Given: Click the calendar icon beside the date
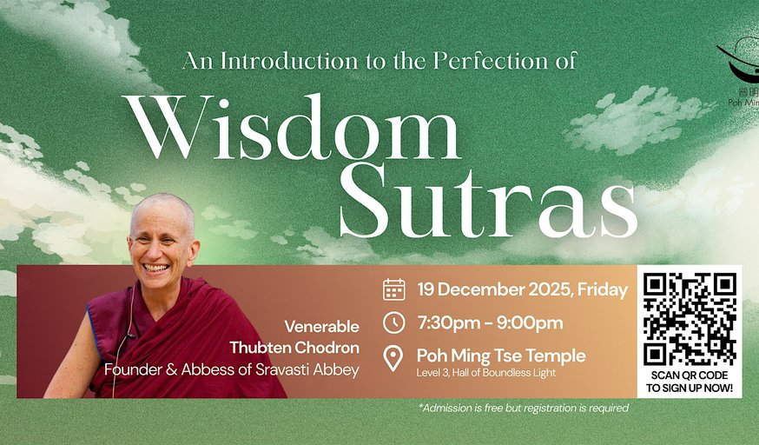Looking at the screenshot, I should [x=394, y=289].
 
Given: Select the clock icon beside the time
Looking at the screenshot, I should [x=394, y=322].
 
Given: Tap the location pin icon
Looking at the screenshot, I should [x=394, y=358].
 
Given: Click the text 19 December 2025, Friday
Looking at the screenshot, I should [x=522, y=289].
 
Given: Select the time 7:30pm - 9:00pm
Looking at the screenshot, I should [x=490, y=322].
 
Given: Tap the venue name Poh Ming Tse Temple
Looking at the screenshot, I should [x=501, y=355].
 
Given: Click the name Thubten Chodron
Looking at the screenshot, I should [x=294, y=348].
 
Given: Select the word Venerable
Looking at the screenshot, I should [x=321, y=327].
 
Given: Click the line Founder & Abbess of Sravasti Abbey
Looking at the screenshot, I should [x=232, y=369].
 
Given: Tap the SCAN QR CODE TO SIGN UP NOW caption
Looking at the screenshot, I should [x=690, y=381].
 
